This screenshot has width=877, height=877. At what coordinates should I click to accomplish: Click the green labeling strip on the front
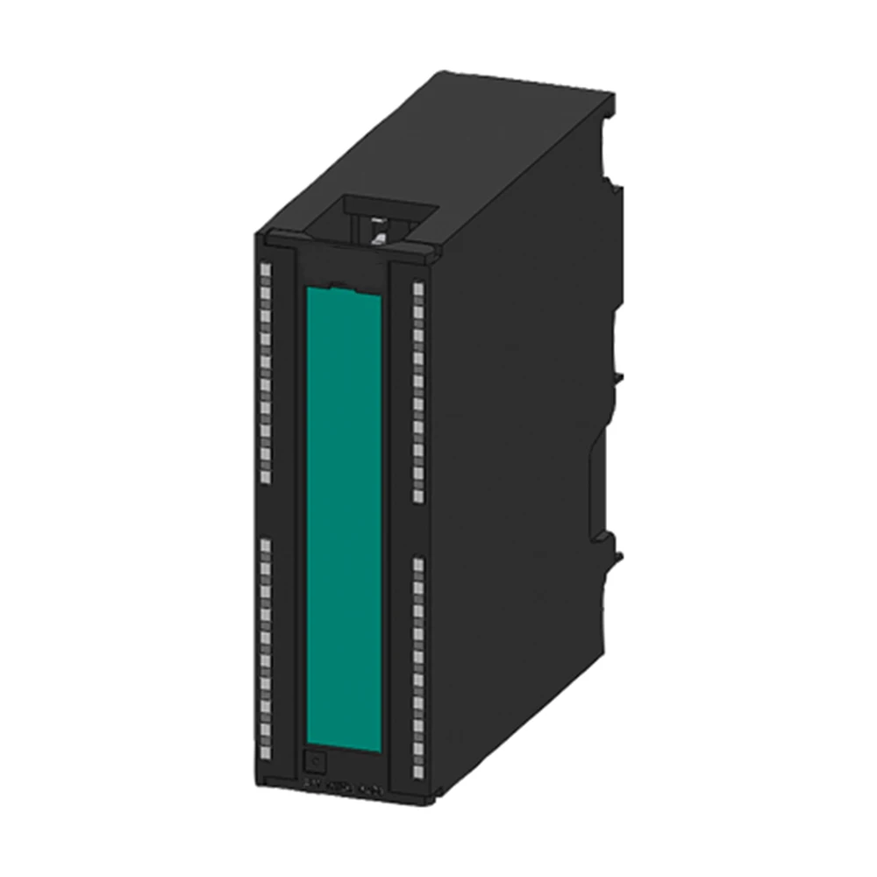343,517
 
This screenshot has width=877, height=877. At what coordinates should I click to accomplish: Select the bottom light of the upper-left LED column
266,476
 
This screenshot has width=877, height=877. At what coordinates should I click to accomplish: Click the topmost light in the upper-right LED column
417,287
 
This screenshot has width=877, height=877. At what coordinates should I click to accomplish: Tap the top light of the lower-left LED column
266,545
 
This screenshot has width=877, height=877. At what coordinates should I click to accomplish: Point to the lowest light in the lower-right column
417,773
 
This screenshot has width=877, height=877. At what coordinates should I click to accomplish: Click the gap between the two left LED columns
266,510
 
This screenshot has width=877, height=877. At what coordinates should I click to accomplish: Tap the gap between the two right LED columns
417,530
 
